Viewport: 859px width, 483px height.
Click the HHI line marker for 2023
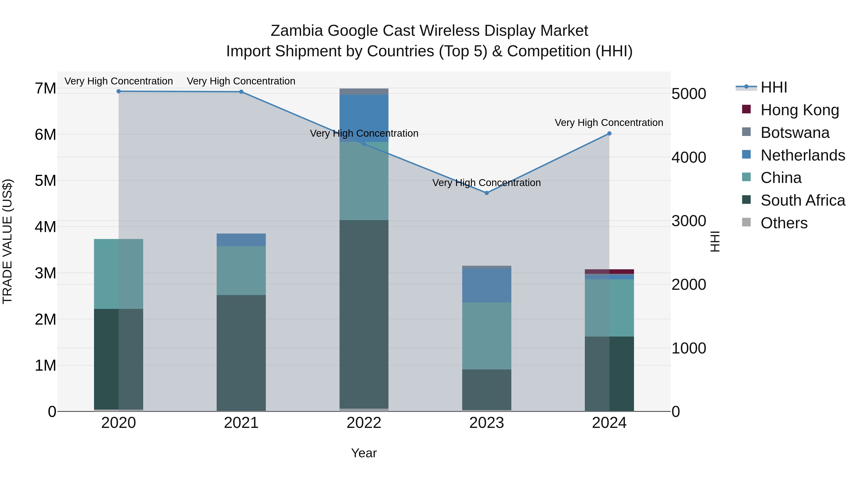(x=487, y=193)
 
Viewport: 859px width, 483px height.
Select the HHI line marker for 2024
(x=609, y=134)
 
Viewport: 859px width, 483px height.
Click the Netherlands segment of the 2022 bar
(x=364, y=118)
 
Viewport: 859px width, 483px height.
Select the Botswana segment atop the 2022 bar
(x=364, y=92)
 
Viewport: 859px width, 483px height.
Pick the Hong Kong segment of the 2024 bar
(x=609, y=272)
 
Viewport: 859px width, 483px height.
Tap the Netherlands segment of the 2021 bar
(x=241, y=240)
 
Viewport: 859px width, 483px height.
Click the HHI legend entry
(x=774, y=87)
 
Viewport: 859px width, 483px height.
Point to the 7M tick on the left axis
(x=45, y=89)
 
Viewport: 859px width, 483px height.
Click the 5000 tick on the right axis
(x=689, y=94)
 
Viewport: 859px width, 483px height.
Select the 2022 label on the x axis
(x=364, y=423)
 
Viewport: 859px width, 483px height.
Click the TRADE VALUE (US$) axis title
(x=7, y=241)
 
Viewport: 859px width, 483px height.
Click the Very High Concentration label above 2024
(x=609, y=123)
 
